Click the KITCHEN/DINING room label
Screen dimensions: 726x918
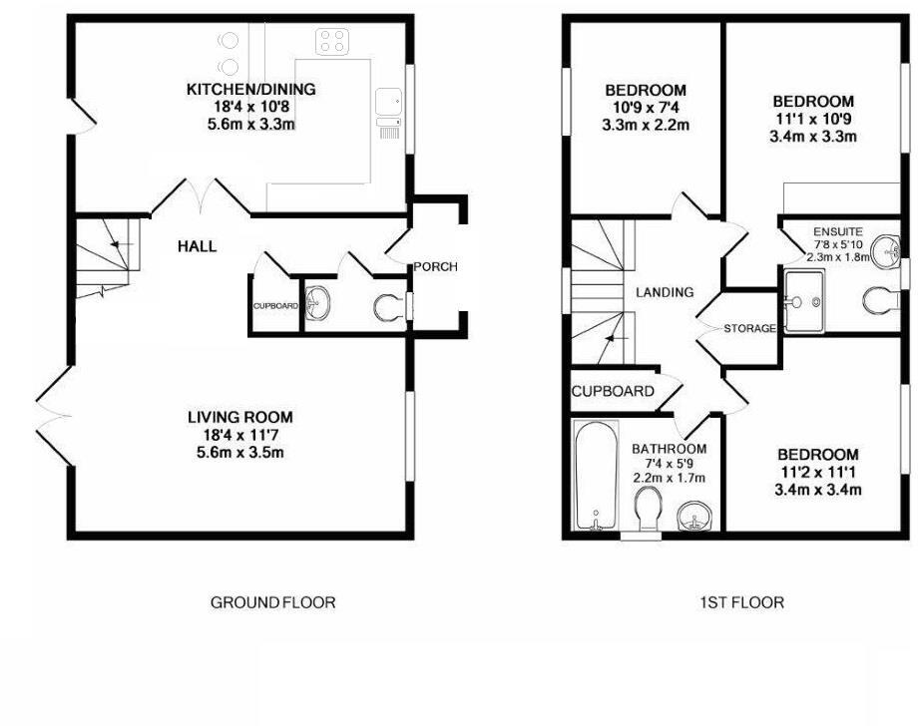pyautogui.click(x=251, y=90)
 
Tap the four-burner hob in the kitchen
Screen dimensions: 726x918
pyautogui.click(x=331, y=41)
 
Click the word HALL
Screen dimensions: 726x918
pyautogui.click(x=198, y=246)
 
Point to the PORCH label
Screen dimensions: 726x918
pyautogui.click(x=436, y=266)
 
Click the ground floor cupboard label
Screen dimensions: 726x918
pyautogui.click(x=274, y=305)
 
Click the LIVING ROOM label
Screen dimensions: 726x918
pyautogui.click(x=241, y=417)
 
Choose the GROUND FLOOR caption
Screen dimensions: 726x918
pyautogui.click(x=272, y=602)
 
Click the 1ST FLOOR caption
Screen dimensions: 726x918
pyautogui.click(x=742, y=602)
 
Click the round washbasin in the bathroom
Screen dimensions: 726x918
pyautogui.click(x=694, y=517)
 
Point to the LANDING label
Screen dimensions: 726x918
pyautogui.click(x=665, y=292)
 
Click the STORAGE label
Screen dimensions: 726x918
pyautogui.click(x=749, y=328)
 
